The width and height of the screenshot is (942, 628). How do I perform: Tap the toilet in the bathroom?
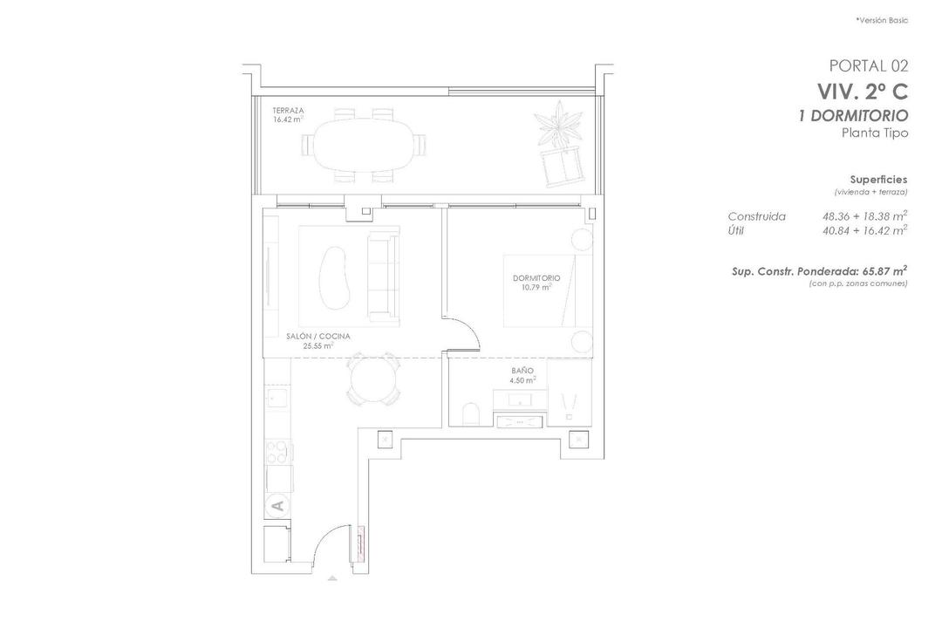471,413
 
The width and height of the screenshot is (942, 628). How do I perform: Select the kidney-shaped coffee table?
333,273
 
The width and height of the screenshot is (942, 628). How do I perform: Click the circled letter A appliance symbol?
277,503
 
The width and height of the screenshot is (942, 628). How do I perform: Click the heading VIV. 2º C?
861,91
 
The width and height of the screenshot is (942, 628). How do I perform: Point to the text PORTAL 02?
868,65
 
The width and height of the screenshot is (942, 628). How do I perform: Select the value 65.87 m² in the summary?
883,271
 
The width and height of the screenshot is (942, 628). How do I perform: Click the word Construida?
756,216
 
